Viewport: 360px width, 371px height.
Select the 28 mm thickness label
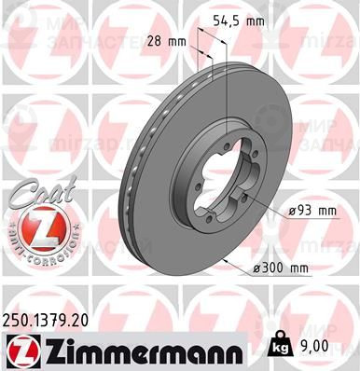(169, 41)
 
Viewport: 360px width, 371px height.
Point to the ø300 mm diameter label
(280, 269)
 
